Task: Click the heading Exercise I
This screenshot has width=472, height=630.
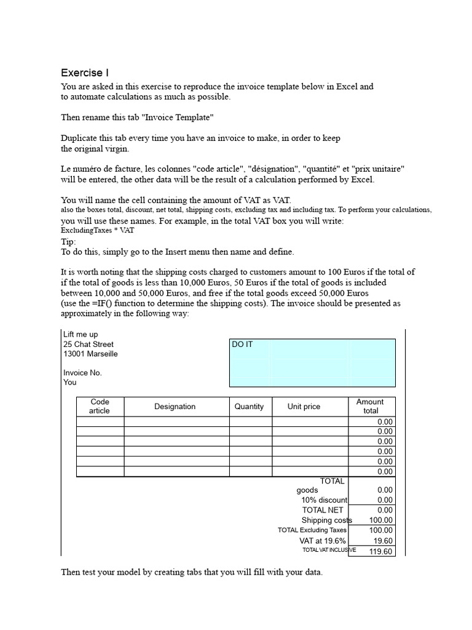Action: [85, 73]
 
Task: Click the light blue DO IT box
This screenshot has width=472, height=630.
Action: [312, 362]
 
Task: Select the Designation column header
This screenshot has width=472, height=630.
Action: [175, 407]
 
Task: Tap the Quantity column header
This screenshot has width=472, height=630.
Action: [249, 407]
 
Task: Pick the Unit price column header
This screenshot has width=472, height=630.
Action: [304, 407]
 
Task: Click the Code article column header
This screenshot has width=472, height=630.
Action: [100, 406]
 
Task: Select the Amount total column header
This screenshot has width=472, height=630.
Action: [370, 406]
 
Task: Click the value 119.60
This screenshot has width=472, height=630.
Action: [380, 551]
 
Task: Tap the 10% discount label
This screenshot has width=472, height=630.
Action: [324, 500]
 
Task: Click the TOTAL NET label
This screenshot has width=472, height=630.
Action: [323, 510]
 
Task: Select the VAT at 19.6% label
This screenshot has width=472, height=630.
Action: [323, 540]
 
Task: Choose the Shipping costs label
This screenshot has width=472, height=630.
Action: [326, 520]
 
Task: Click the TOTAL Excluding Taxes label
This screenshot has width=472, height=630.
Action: [312, 530]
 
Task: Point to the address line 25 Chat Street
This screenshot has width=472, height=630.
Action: [88, 345]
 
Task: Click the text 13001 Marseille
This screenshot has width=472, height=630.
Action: [90, 354]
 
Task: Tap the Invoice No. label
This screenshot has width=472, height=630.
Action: [82, 373]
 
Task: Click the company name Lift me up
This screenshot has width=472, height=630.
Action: [81, 335]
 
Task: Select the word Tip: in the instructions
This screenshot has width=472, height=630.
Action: [68, 242]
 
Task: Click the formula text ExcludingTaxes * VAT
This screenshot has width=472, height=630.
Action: [97, 230]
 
